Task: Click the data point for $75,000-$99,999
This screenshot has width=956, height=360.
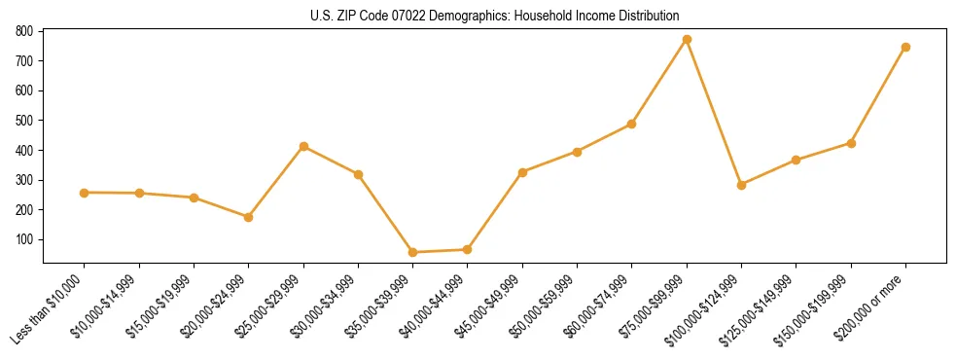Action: (687, 39)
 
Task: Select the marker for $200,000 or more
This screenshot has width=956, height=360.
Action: (905, 47)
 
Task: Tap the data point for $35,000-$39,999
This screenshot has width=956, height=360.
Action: (412, 252)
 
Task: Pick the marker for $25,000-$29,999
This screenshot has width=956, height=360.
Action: (303, 146)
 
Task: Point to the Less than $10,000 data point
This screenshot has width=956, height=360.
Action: (85, 193)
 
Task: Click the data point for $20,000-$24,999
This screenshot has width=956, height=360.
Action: (249, 217)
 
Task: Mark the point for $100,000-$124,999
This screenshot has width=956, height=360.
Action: (741, 184)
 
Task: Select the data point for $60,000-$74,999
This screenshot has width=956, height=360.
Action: (631, 124)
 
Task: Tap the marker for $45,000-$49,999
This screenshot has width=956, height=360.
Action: (522, 172)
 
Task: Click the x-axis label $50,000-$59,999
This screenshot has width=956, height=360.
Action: (546, 306)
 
